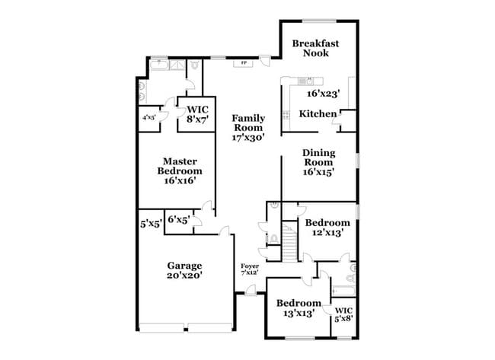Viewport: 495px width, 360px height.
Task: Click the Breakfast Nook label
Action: pos(315,48)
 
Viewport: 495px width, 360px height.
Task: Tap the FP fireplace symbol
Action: pos(244,62)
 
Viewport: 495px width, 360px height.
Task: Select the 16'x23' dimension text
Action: pos(323,94)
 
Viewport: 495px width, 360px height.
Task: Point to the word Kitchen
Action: pos(318,113)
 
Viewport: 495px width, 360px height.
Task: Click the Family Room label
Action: pos(248,123)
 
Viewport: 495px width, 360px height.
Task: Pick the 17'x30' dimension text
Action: pos(248,139)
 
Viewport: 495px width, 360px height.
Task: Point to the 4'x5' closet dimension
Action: pos(148,119)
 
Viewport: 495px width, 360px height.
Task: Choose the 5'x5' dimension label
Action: pos(149,225)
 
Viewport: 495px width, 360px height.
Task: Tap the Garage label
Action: pos(185,266)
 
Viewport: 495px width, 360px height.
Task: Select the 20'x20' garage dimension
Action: pos(185,276)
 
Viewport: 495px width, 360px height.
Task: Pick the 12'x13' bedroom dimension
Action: pos(327,234)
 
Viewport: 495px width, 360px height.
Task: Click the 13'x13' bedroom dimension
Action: pos(298,313)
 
